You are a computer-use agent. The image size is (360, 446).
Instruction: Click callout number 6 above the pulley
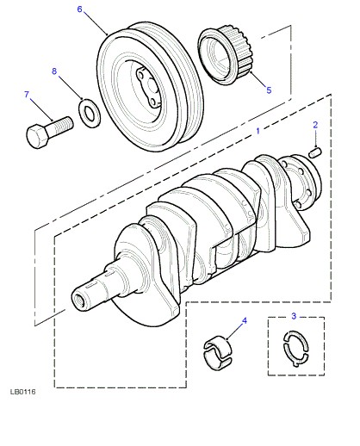pos(79,9)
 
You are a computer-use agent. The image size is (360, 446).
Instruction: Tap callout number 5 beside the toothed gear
pos(269,90)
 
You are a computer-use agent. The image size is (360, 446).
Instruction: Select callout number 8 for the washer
pos(54,71)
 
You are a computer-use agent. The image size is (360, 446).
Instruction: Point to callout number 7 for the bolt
pos(27,95)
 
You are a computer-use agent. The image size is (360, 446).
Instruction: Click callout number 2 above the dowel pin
pos(315,125)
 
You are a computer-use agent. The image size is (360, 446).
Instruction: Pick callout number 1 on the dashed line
pos(258,131)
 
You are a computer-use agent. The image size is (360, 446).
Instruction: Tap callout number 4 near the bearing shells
pos(245,320)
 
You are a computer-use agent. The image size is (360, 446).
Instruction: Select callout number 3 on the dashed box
pos(294,316)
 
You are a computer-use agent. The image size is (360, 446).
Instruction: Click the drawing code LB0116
pos(23,392)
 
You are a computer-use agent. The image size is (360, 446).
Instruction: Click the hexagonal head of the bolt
pos(37,136)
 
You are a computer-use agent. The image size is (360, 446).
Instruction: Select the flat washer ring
pos(90,113)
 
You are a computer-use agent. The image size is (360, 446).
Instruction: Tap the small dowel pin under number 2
pos(315,152)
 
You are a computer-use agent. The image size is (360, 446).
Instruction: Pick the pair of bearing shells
pos(218,351)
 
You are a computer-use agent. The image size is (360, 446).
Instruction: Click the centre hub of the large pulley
pos(148,86)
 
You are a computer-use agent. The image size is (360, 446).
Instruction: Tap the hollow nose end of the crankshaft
pos(79,300)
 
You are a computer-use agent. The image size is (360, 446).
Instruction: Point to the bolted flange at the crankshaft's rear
pos(305,181)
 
